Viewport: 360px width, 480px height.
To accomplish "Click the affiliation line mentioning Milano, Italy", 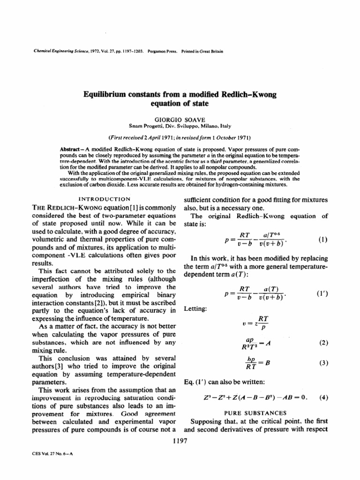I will (180, 126).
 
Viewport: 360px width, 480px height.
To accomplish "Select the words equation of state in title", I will (180, 105).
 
